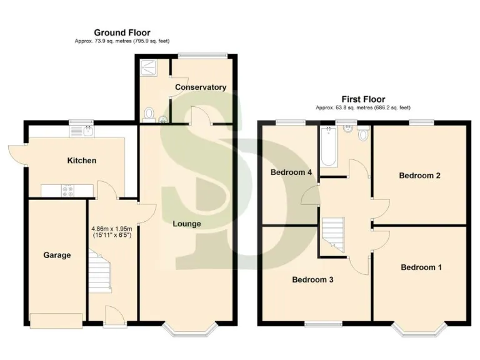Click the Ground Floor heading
[122, 32]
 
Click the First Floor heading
[362, 99]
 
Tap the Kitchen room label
[82, 161]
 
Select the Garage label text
[57, 255]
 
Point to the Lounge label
[187, 224]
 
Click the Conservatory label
[200, 87]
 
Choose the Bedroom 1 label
[421, 267]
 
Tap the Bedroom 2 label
[420, 176]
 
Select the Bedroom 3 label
[312, 279]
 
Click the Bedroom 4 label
[291, 172]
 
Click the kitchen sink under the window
[81, 131]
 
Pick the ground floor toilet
[149, 114]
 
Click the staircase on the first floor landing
[333, 234]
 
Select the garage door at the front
[56, 321]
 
